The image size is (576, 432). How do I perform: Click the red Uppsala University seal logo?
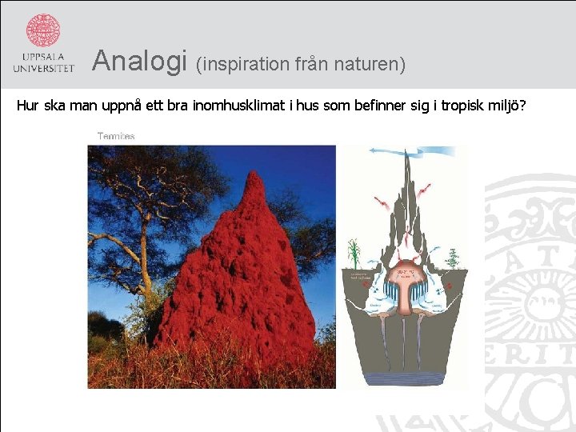(x=43, y=30)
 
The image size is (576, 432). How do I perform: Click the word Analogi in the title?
(x=139, y=61)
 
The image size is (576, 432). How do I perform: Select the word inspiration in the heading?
(x=253, y=63)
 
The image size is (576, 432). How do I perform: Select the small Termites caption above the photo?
(x=116, y=136)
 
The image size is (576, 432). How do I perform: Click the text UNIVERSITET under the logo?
(x=43, y=69)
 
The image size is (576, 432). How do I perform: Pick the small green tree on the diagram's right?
(x=453, y=258)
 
